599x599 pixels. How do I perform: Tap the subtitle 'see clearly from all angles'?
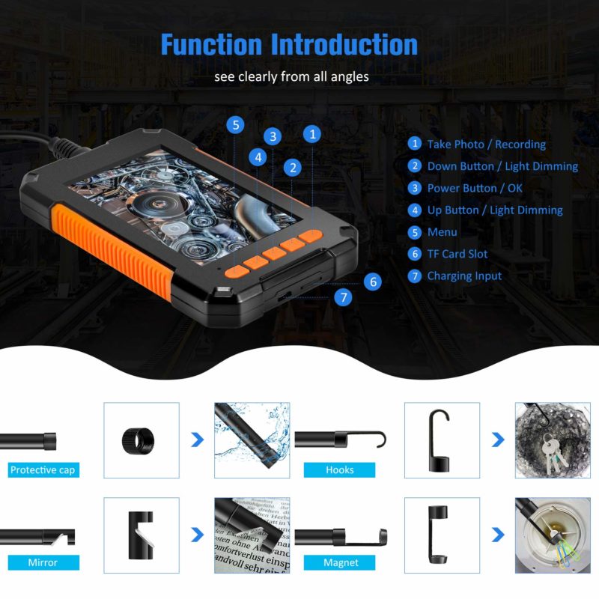point(291,76)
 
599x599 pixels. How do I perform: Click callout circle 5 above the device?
point(237,124)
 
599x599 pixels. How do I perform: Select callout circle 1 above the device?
point(312,134)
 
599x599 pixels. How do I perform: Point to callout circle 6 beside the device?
point(372,282)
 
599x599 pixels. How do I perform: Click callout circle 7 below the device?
point(343,297)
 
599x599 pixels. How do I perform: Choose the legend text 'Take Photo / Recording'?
point(486,144)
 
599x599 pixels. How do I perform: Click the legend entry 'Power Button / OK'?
point(475,188)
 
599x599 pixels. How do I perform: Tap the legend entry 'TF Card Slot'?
point(457,254)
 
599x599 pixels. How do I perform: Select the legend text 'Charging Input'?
point(464,276)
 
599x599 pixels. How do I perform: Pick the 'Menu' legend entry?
point(442,232)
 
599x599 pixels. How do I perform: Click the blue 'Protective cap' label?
point(43,470)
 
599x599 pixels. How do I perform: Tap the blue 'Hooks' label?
point(339,470)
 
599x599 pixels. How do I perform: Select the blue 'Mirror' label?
point(43,562)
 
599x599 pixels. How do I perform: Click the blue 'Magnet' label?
point(341,562)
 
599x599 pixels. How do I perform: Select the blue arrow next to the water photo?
point(197,440)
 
